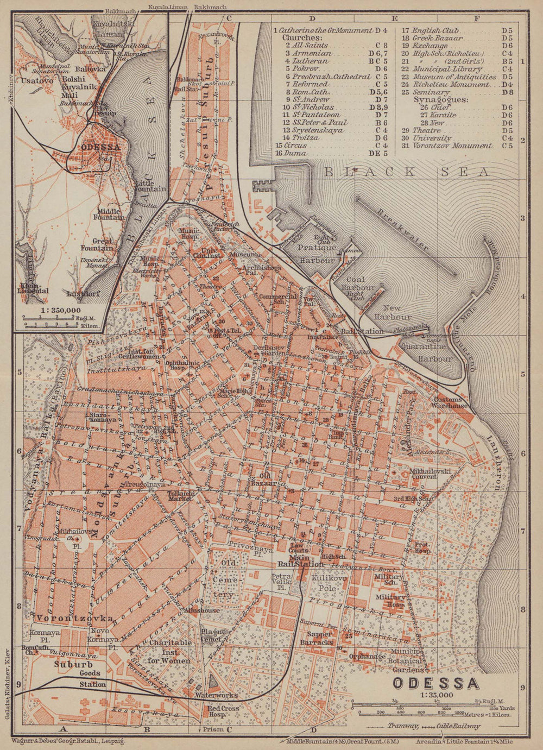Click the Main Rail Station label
pos(294,564)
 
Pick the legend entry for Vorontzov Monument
pos(452,146)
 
